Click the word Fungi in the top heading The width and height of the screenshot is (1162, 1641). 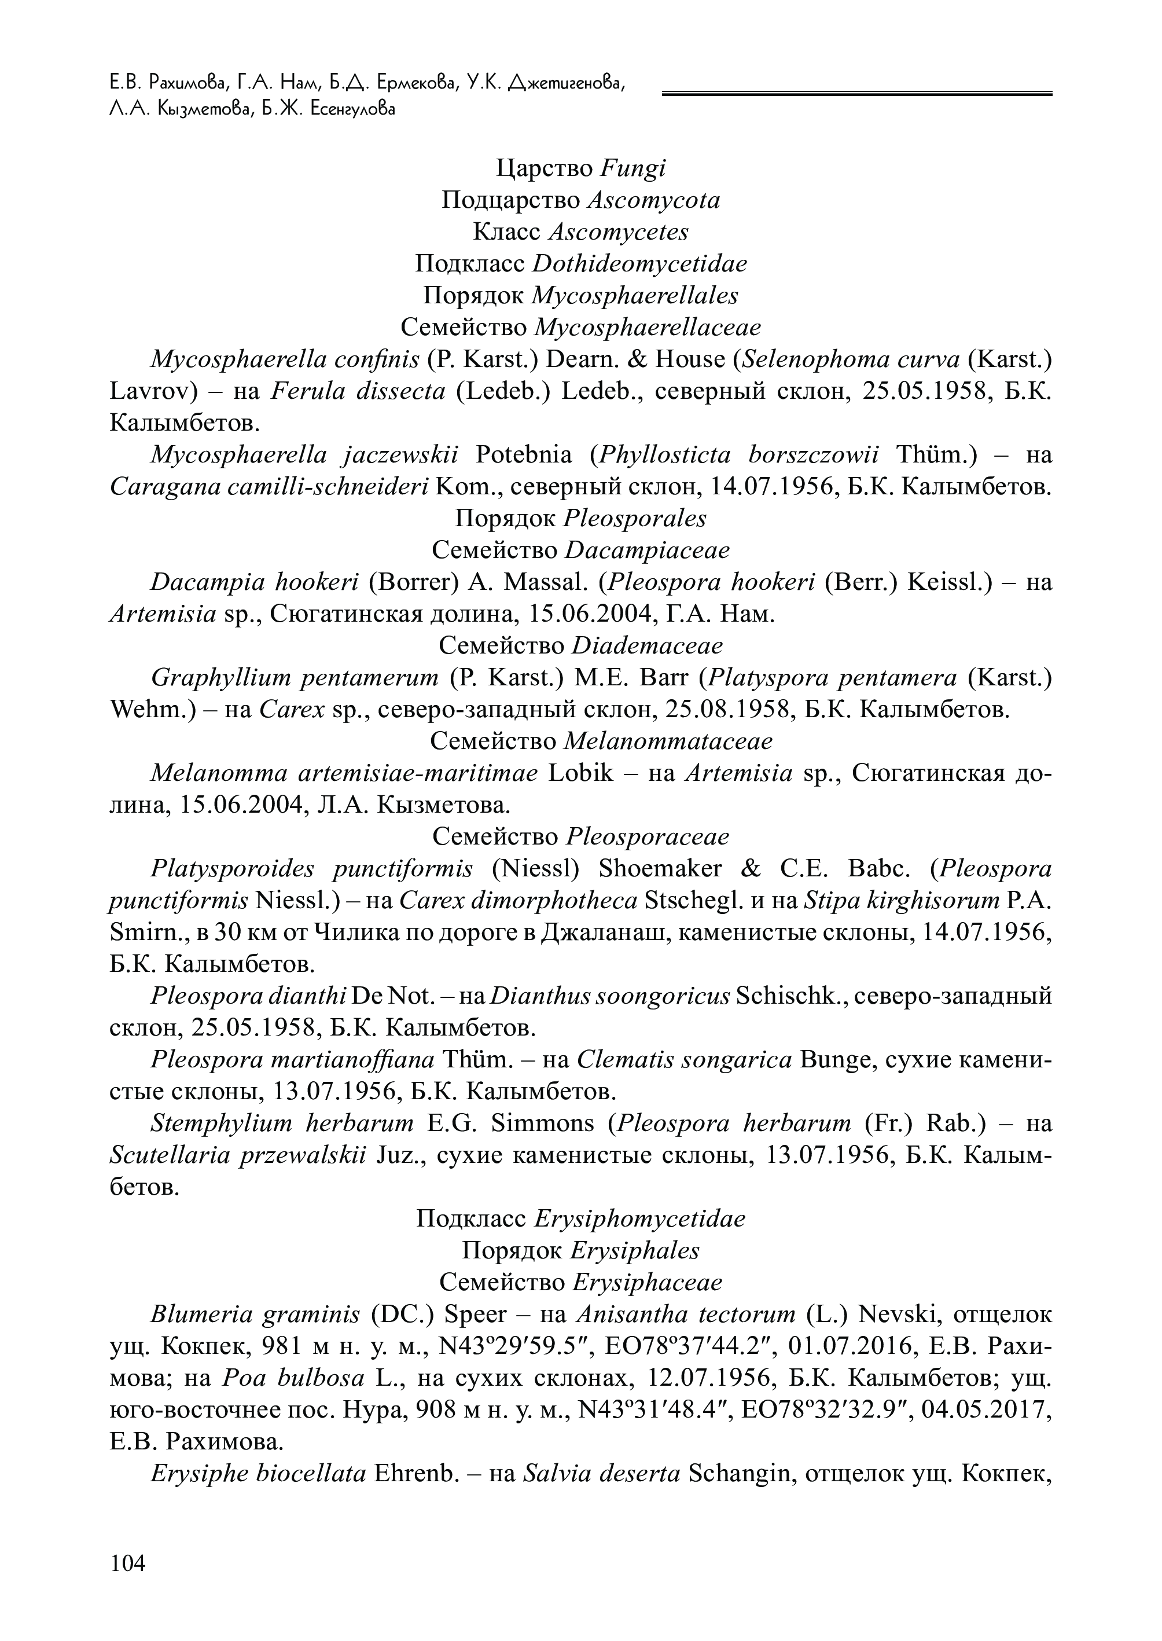tap(633, 169)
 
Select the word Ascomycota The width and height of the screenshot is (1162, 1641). tap(653, 200)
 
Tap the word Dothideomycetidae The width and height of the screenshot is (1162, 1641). tap(639, 264)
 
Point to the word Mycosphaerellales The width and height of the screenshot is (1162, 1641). tap(635, 296)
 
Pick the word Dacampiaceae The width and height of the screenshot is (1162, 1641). tap(647, 550)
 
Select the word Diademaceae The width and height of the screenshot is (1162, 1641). tap(647, 645)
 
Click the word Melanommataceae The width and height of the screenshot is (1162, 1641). tap(668, 741)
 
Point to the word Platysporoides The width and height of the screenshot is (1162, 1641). tap(232, 869)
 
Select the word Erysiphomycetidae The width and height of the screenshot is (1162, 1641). tap(639, 1219)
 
